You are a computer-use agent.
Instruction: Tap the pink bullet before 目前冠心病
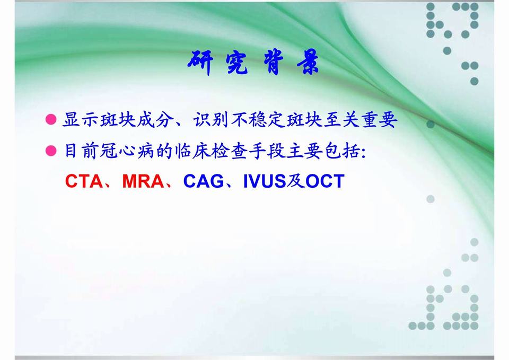(51, 152)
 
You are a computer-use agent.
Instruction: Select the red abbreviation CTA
(84, 181)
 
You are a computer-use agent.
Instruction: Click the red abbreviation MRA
(143, 181)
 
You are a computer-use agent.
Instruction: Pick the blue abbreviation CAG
(204, 181)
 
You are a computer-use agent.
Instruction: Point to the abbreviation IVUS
(264, 181)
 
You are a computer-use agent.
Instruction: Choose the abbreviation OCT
(324, 181)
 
